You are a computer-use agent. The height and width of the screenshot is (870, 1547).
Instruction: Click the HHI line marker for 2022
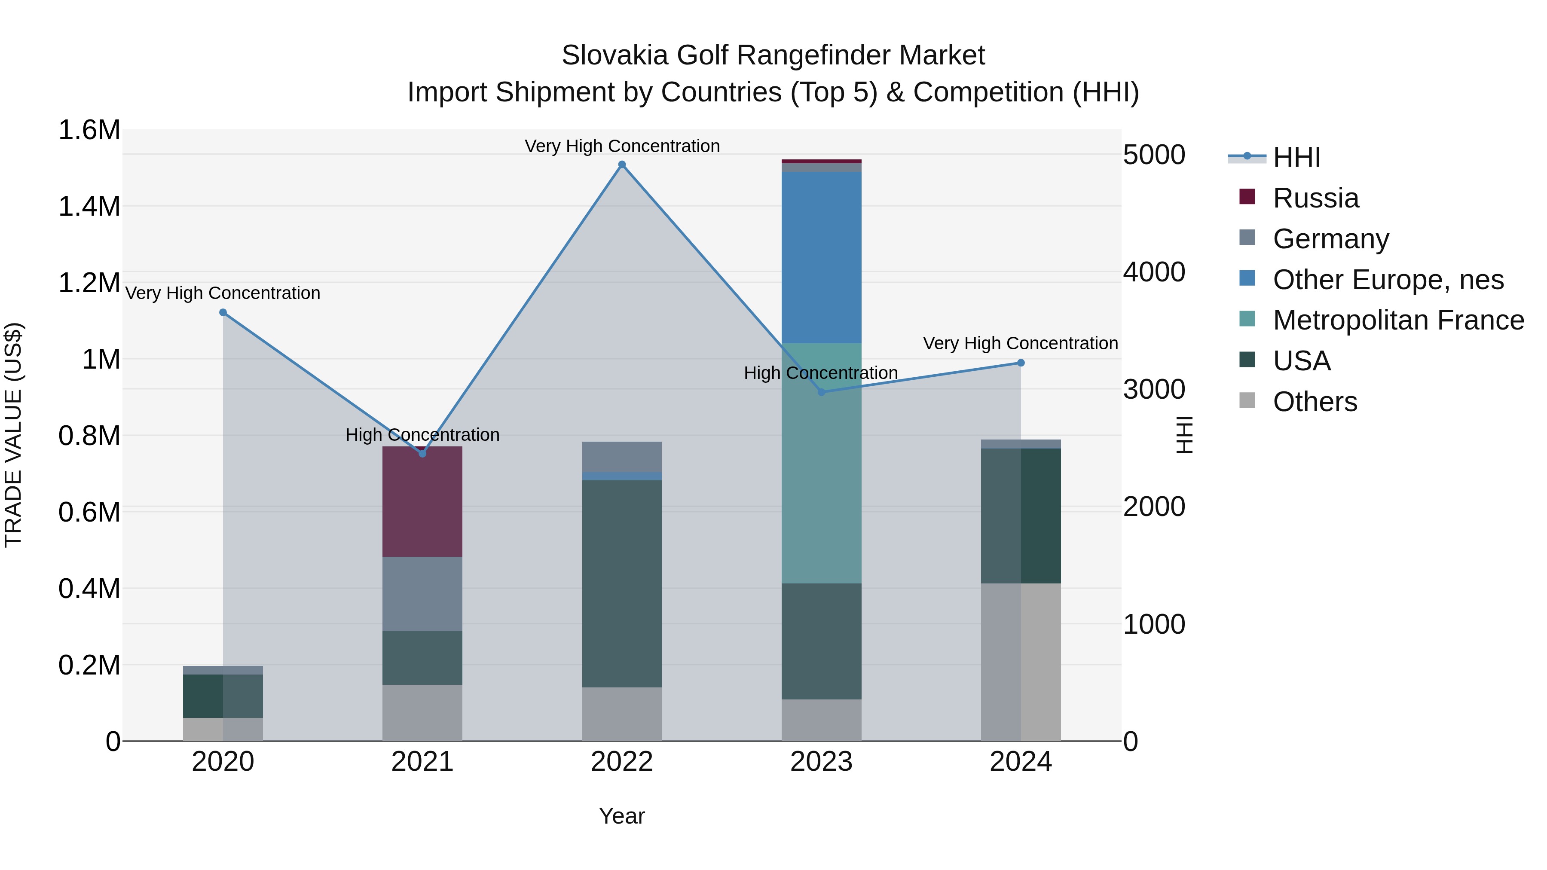622,165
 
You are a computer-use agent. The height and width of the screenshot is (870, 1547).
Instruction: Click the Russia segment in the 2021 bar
422,501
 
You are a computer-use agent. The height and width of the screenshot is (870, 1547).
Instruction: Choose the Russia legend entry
1315,198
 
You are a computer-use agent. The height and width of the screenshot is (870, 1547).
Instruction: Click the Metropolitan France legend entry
1398,320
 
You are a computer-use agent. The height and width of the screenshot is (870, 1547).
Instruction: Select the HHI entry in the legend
1296,157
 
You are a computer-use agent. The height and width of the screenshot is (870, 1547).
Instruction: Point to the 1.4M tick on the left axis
89,207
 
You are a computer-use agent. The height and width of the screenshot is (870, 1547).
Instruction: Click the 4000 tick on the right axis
1154,272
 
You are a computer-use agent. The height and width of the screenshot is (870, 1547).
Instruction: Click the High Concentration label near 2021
422,435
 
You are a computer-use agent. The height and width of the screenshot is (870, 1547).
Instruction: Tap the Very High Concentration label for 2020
223,293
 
